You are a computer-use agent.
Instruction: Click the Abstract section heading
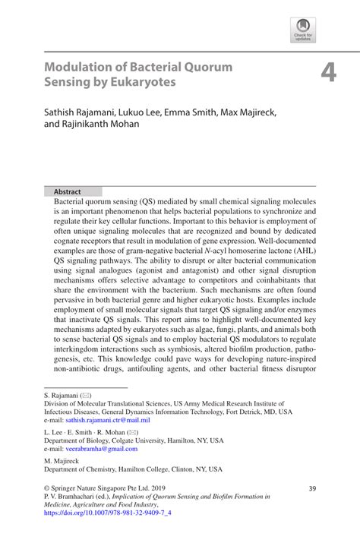click(x=66, y=191)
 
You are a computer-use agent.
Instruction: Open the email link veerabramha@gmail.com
click(x=99, y=449)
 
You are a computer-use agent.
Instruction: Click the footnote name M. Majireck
click(x=63, y=461)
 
